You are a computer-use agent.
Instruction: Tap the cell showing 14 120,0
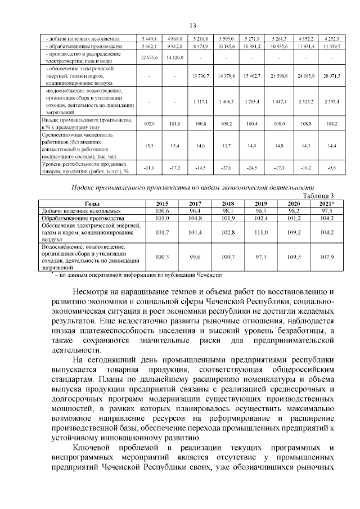[x=175, y=57]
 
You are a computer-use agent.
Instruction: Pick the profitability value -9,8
[x=332, y=168]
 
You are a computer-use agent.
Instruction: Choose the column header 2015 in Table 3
[x=161, y=203]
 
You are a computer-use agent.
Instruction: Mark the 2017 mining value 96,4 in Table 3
[x=195, y=210]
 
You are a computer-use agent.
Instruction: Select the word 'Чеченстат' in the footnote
[x=208, y=275]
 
